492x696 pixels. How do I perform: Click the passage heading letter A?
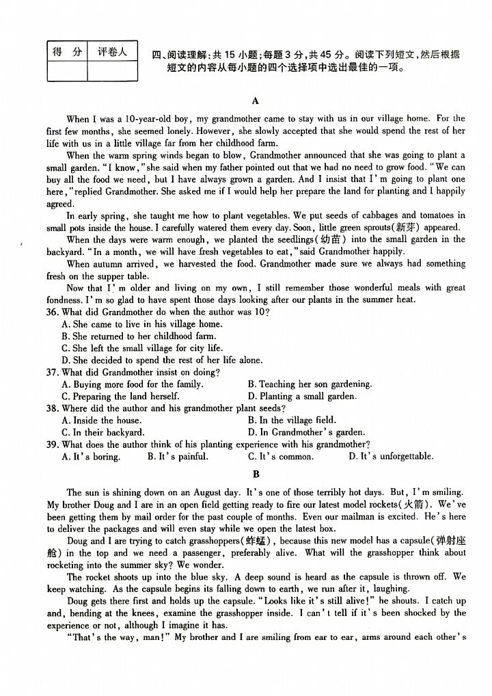[256, 101]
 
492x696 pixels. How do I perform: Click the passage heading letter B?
[256, 473]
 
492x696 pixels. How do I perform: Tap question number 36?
[53, 312]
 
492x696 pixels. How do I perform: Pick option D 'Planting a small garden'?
[301, 397]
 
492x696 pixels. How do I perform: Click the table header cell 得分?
[66, 52]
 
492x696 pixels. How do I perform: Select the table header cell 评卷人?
[112, 52]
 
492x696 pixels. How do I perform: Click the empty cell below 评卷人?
[112, 71]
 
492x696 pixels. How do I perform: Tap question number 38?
[53, 408]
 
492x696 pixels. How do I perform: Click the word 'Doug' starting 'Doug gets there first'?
[77, 601]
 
